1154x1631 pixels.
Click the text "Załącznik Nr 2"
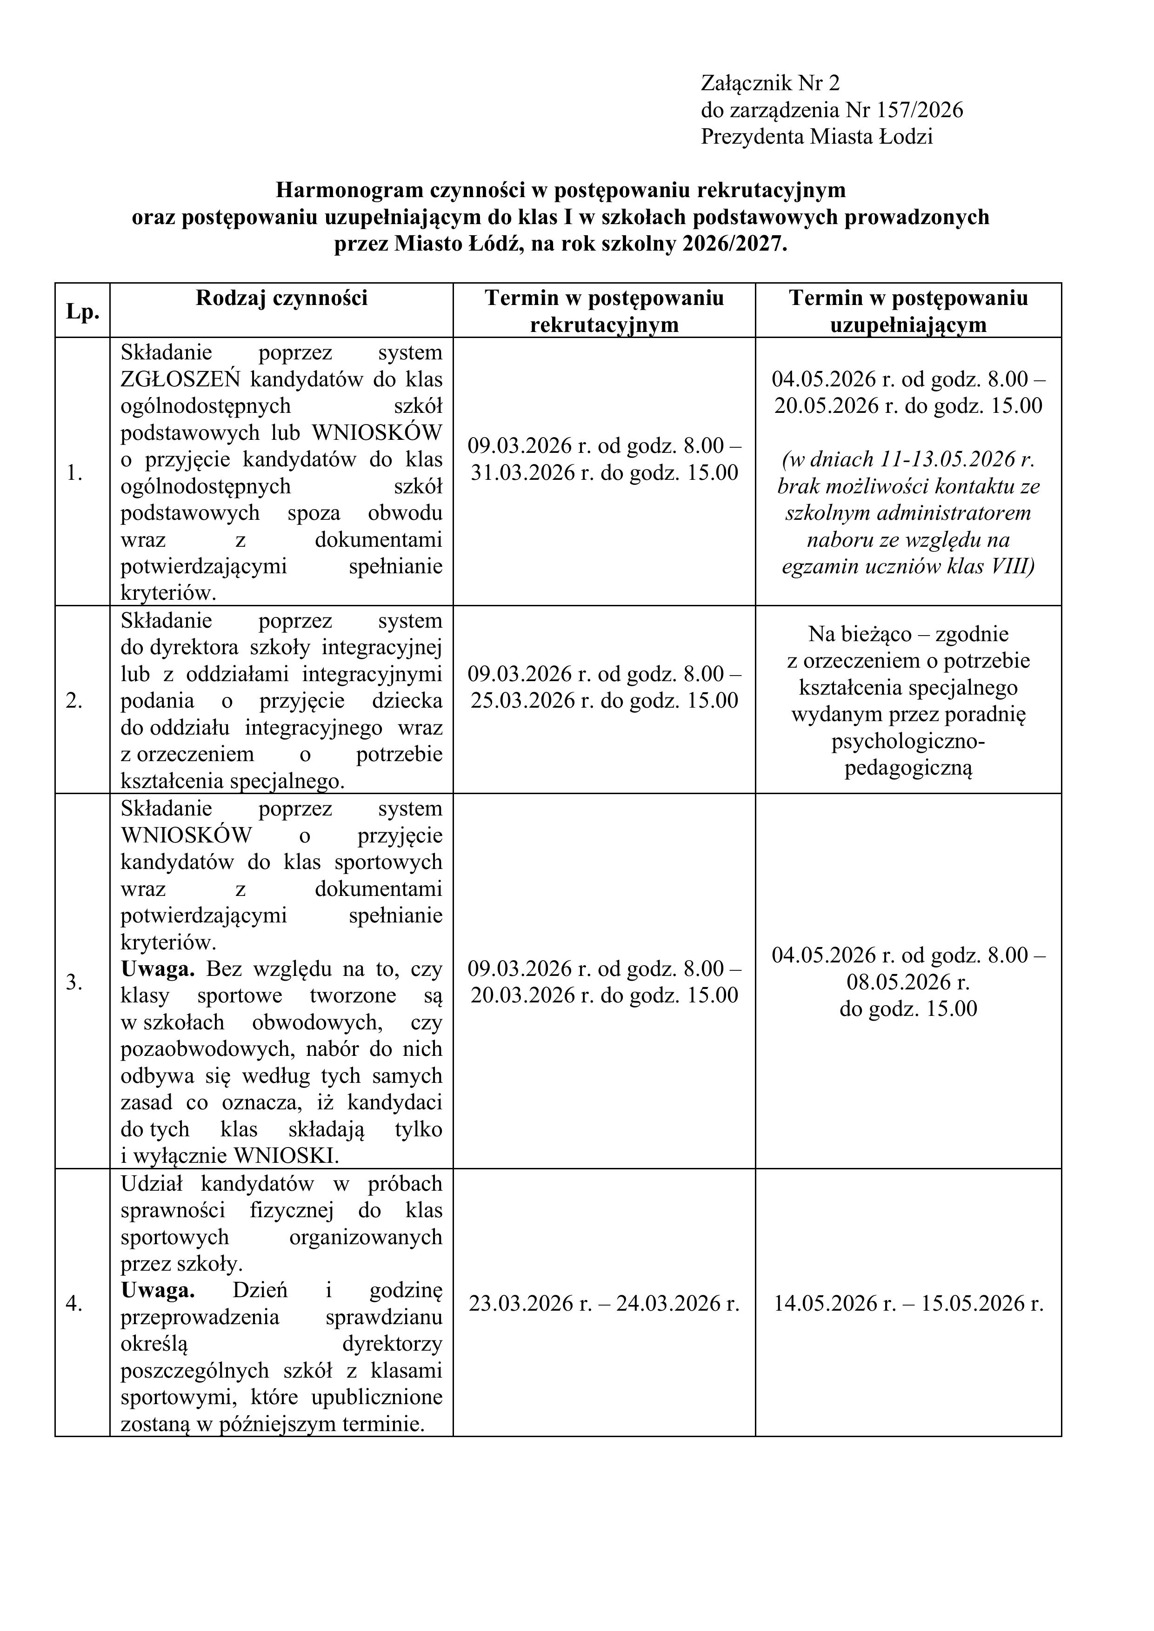pos(770,84)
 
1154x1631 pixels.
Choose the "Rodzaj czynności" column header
pos(281,298)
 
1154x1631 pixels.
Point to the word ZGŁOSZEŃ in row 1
pos(183,379)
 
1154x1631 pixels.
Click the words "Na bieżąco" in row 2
pos(860,634)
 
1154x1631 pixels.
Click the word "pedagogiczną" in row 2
pos(907,769)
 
